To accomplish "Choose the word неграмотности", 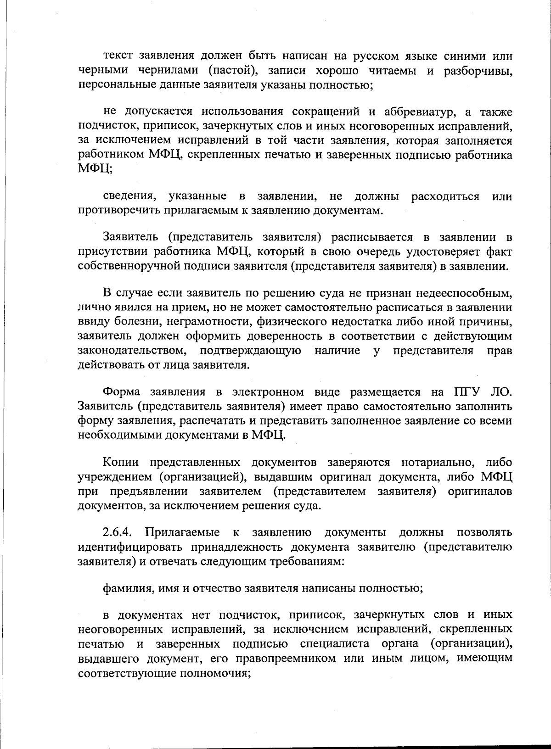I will pos(207,321).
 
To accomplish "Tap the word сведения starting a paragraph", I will pos(128,196).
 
